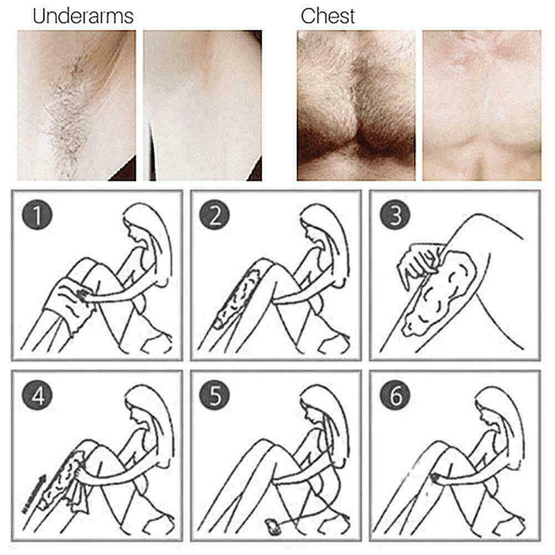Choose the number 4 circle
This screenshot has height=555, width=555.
pyautogui.click(x=37, y=397)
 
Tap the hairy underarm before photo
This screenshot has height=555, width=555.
pyautogui.click(x=76, y=104)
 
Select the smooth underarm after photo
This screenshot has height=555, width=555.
pyautogui.click(x=202, y=104)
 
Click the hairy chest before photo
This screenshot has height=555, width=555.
pyautogui.click(x=356, y=104)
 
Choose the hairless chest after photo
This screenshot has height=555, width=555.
pyautogui.click(x=481, y=104)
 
